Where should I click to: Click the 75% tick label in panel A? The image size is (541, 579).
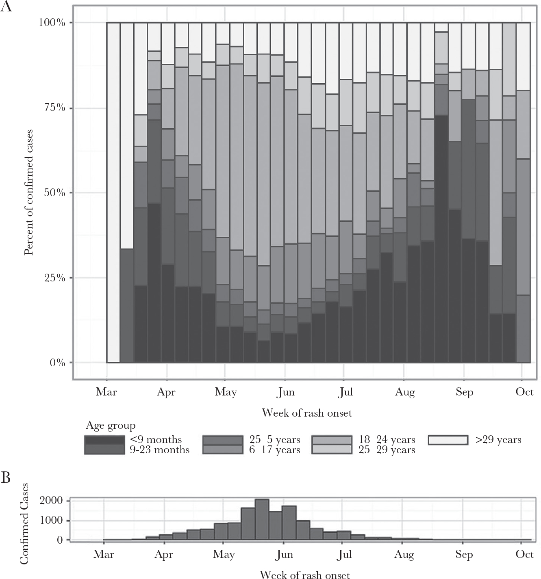(52, 108)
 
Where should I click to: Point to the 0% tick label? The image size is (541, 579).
(57, 363)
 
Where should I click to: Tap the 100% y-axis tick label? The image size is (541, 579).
(52, 22)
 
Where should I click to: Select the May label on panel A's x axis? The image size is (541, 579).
(226, 392)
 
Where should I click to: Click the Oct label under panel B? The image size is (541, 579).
(524, 555)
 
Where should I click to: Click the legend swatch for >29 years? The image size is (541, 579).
(448, 440)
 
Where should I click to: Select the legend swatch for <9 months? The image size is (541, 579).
(104, 440)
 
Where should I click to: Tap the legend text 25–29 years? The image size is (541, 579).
(387, 450)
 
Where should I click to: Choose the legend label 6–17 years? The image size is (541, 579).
(275, 450)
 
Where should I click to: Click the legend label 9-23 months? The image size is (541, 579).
(160, 450)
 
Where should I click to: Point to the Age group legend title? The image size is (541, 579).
(111, 426)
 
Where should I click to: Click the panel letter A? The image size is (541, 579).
(6, 7)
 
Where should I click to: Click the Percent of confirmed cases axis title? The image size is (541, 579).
(28, 192)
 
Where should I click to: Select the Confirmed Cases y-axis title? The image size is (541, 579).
(24, 524)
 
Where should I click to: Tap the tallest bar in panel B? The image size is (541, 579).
(262, 520)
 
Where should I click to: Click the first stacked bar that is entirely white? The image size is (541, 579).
(113, 192)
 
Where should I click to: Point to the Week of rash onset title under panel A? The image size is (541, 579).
(307, 413)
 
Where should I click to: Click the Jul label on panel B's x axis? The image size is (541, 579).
(344, 555)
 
